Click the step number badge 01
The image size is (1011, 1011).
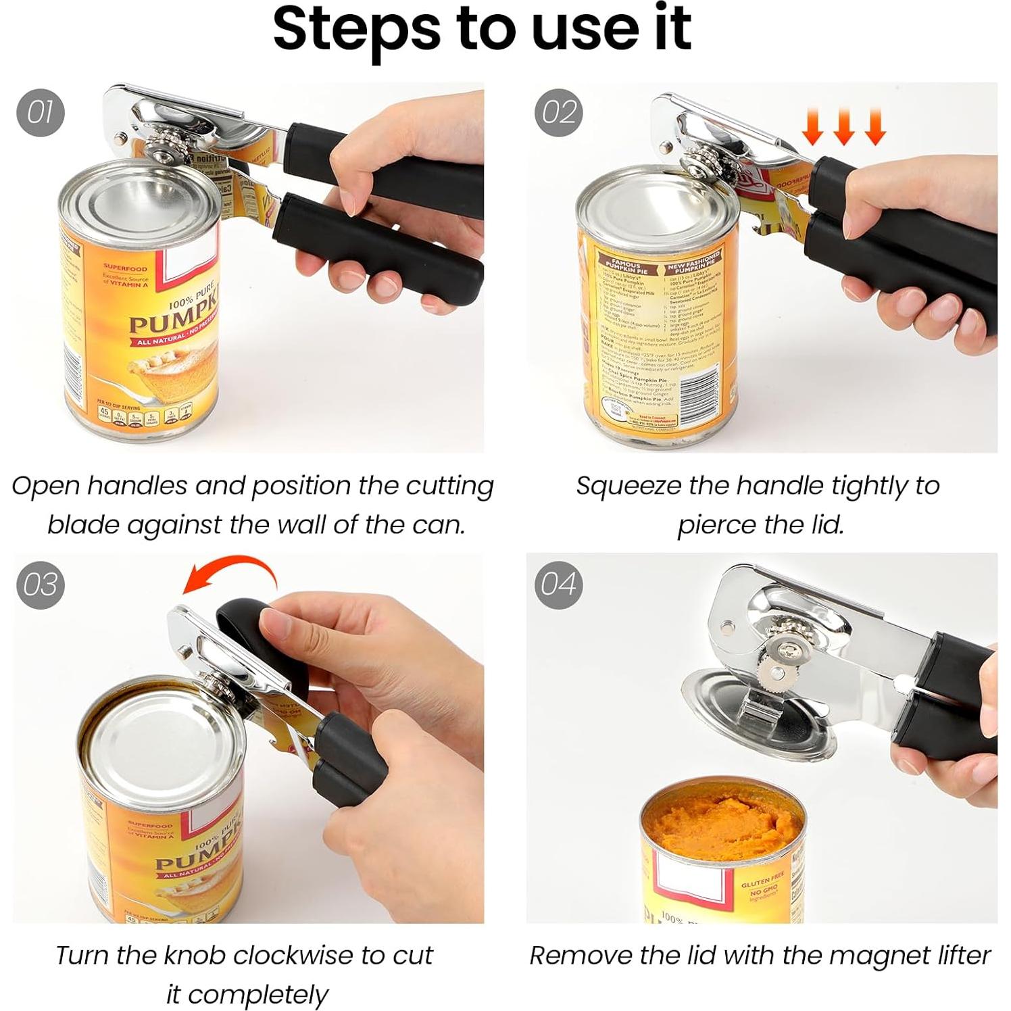pyautogui.click(x=40, y=112)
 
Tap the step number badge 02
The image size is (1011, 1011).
pyautogui.click(x=558, y=112)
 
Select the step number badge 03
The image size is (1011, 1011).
pyautogui.click(x=40, y=585)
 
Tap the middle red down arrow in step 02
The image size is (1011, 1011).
pyautogui.click(x=843, y=126)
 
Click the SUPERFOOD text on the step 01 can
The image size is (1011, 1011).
pyautogui.click(x=125, y=268)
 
